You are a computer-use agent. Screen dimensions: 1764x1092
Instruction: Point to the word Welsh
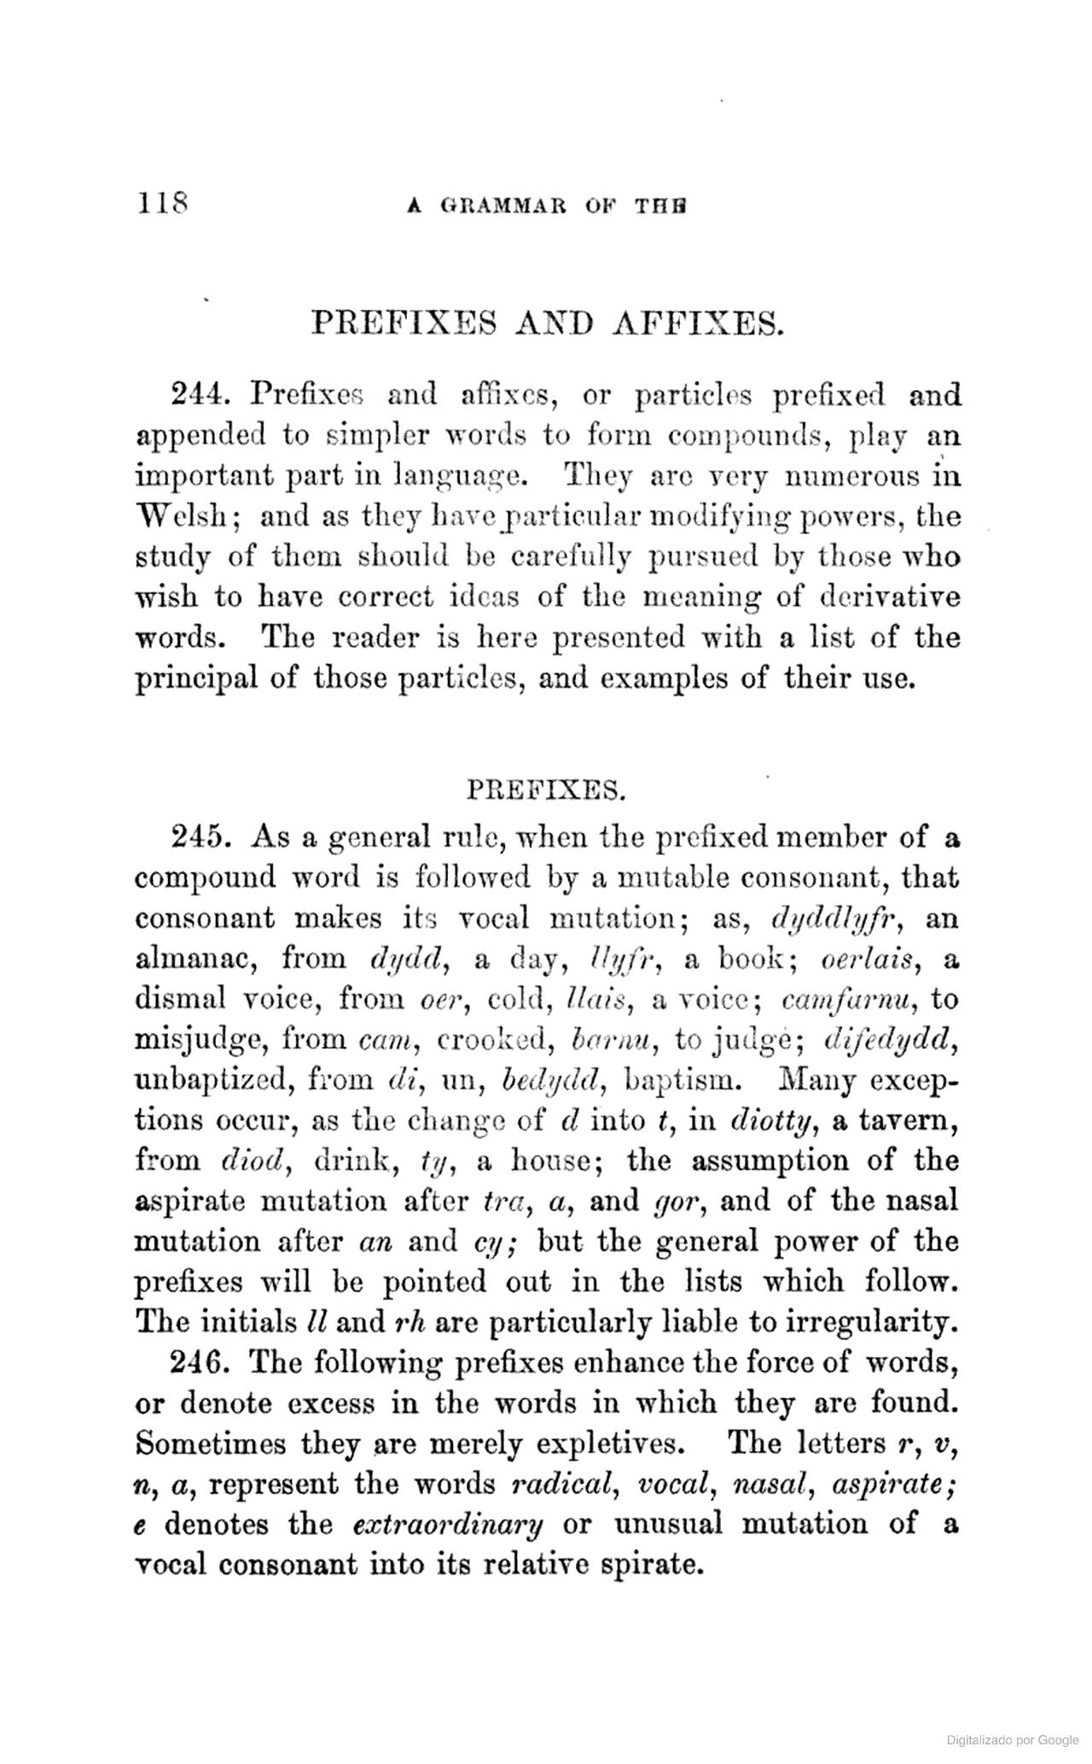[178, 517]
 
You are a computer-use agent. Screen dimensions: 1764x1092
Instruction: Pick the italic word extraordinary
[448, 1524]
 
